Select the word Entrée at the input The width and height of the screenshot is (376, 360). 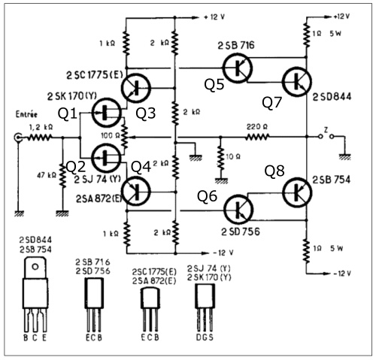pos(26,114)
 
